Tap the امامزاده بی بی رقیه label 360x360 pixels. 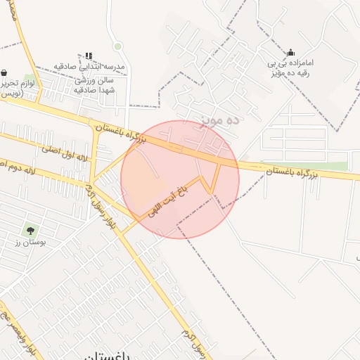[x=290, y=67]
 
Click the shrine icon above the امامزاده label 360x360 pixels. [x=290, y=52]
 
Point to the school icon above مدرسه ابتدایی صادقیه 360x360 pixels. [x=89, y=55]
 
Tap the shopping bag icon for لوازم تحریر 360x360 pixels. [x=4, y=72]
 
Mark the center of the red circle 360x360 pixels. [x=180, y=179]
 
